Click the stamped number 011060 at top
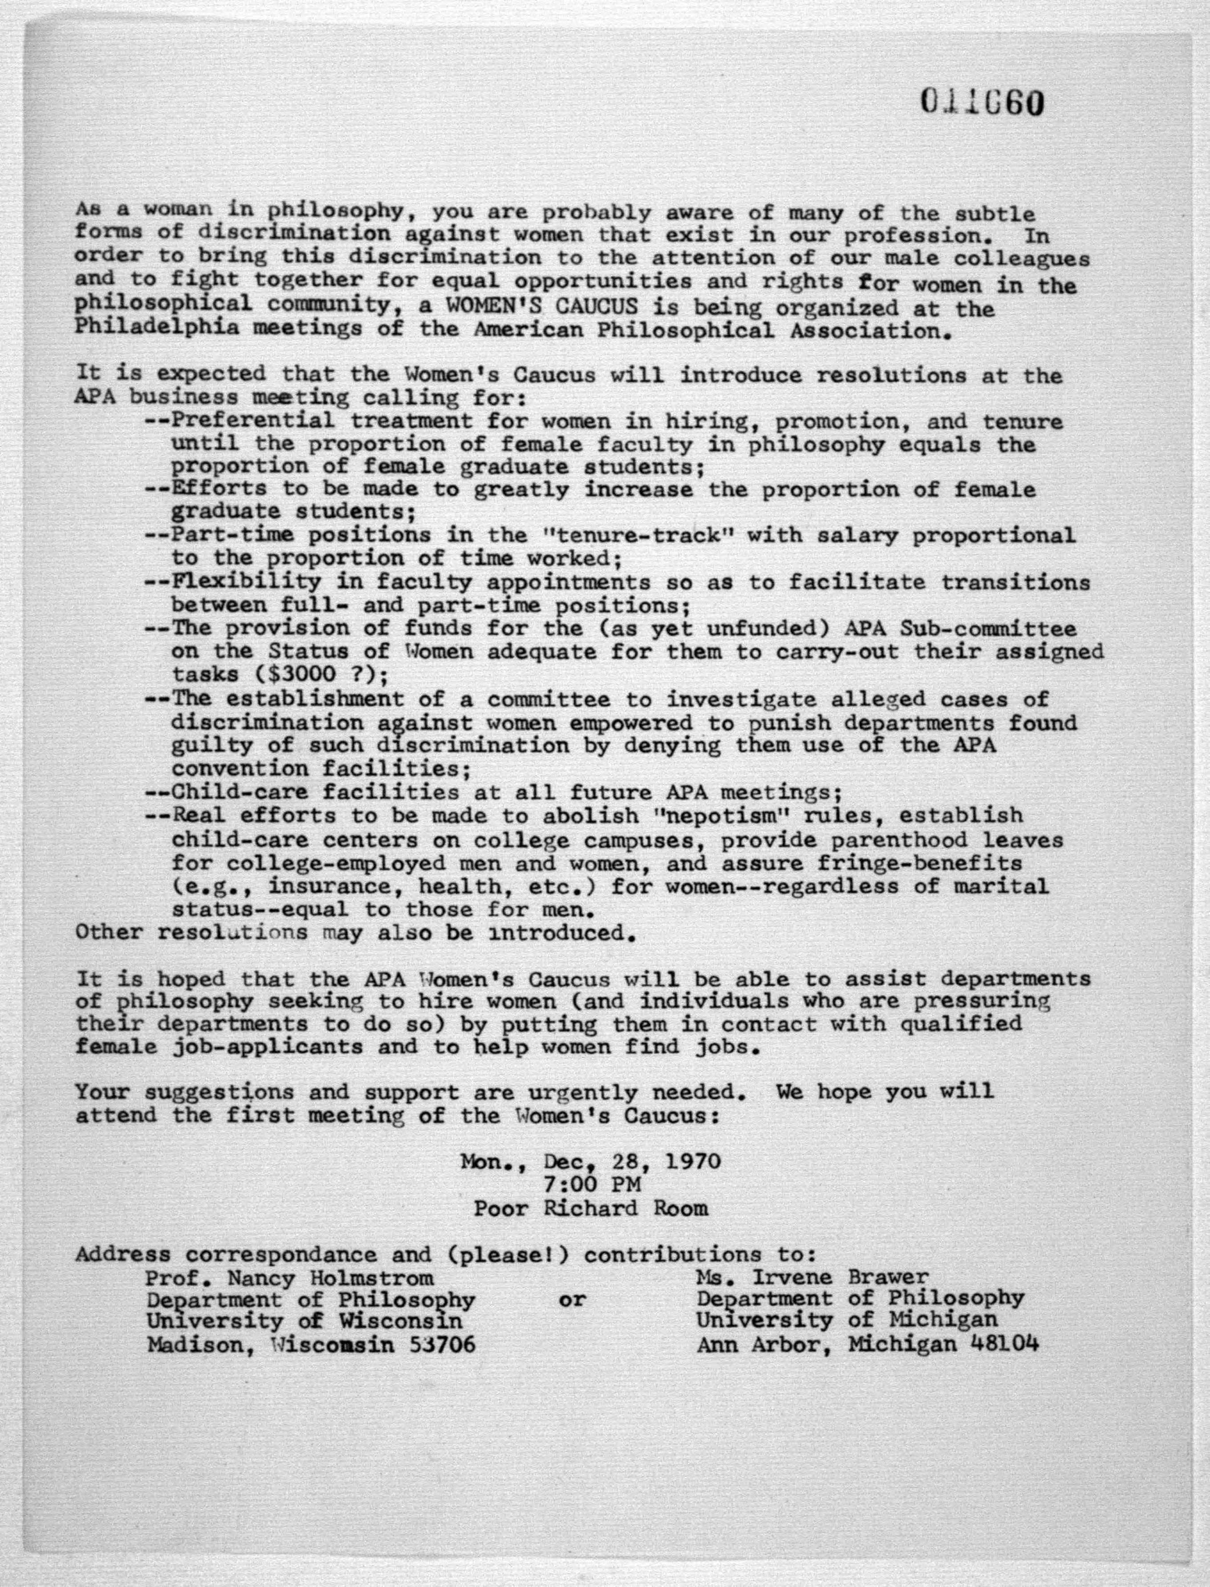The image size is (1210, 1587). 982,103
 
